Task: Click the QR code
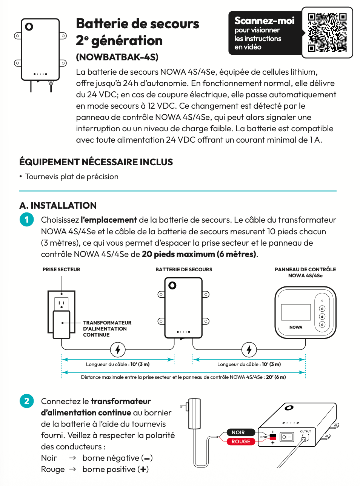click(327, 32)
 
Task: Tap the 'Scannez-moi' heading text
click(264, 21)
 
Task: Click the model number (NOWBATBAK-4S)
click(117, 57)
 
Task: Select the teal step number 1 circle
click(26, 220)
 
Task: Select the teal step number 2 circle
click(26, 401)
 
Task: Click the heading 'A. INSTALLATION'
click(58, 205)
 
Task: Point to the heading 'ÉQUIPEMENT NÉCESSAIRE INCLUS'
click(96, 162)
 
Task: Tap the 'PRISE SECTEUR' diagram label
click(61, 269)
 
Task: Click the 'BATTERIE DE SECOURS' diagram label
click(184, 269)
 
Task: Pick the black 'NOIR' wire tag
click(238, 432)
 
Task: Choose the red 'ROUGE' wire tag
click(241, 441)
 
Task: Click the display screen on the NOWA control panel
click(296, 312)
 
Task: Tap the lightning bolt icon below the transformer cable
click(118, 349)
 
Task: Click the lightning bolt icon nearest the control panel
click(249, 349)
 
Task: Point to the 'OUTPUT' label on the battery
click(306, 431)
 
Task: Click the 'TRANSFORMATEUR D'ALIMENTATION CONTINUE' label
click(107, 329)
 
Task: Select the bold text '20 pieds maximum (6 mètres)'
click(199, 254)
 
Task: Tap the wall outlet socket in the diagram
click(62, 303)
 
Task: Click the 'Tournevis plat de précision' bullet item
click(72, 177)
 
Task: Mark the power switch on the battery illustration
click(287, 437)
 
